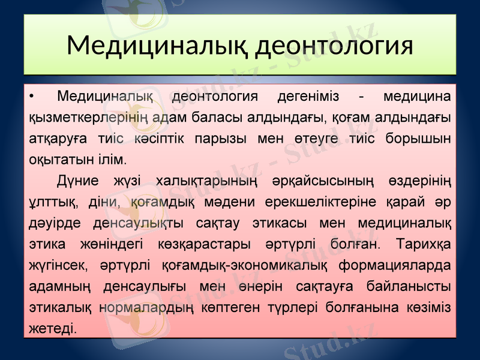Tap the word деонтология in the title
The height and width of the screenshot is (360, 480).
pos(334,46)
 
